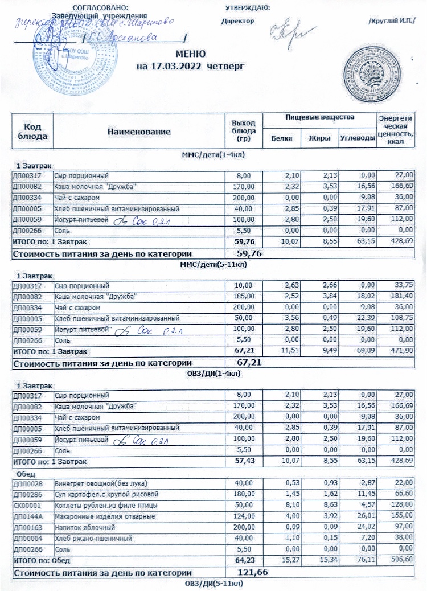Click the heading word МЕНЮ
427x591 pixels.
(191, 55)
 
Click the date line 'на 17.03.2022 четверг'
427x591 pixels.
(191, 66)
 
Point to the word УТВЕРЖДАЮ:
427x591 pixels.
(247, 7)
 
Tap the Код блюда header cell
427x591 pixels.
(32, 132)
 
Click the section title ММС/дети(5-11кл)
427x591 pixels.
(212, 264)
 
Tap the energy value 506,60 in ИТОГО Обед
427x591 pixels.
(402, 560)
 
